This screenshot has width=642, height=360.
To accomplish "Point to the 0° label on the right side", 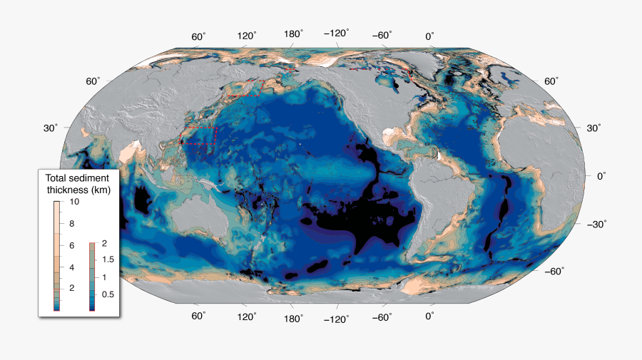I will point(601,175).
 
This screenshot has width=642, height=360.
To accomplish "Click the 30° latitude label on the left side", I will point(51,128).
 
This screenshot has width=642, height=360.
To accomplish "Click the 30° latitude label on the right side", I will point(593,128).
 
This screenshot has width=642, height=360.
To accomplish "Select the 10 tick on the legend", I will point(73,202).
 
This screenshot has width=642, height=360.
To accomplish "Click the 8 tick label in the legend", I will point(71,224).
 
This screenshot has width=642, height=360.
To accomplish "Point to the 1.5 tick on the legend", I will point(108,260).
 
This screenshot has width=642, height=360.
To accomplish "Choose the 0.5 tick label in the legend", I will point(108,294).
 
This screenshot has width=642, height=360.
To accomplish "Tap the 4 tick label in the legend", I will point(71,267).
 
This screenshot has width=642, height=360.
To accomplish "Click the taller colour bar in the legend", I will point(57,257).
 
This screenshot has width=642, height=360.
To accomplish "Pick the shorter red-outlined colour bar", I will point(92,277).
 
